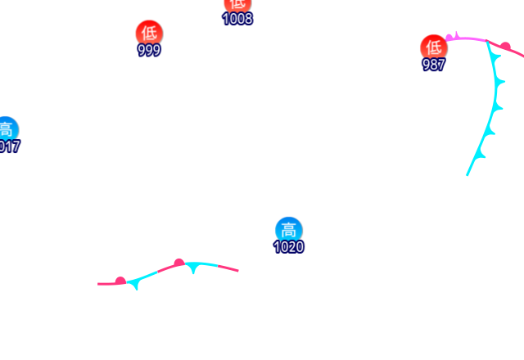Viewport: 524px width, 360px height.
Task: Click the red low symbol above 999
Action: click(149, 33)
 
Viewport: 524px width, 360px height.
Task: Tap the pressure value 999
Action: click(149, 51)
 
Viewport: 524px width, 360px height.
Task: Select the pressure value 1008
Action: click(237, 19)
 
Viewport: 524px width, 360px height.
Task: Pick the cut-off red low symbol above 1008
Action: click(237, 4)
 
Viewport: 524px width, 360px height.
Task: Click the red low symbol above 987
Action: click(433, 47)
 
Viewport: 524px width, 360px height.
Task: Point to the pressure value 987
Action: click(433, 65)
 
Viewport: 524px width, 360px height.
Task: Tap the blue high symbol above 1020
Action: click(288, 230)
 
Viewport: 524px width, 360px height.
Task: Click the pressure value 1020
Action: click(288, 247)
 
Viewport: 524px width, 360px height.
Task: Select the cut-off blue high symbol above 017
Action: click(6, 129)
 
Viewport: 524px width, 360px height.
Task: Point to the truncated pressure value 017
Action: click(8, 147)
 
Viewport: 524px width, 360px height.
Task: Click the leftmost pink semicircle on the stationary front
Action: click(120, 281)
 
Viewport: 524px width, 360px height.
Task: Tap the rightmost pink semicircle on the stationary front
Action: click(178, 263)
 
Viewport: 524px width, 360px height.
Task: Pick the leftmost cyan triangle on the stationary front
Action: click(135, 284)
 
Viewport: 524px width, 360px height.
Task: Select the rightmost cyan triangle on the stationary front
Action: click(192, 268)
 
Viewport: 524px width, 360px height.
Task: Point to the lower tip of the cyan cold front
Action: click(468, 174)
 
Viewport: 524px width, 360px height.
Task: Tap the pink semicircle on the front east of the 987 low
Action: click(505, 46)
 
